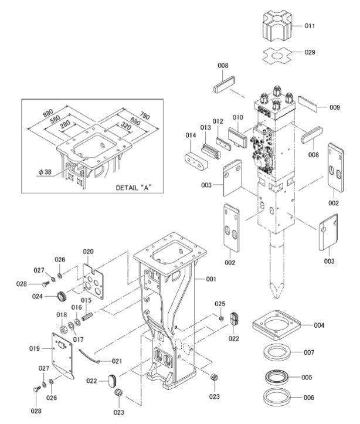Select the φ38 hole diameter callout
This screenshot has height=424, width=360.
pyautogui.click(x=45, y=172)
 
